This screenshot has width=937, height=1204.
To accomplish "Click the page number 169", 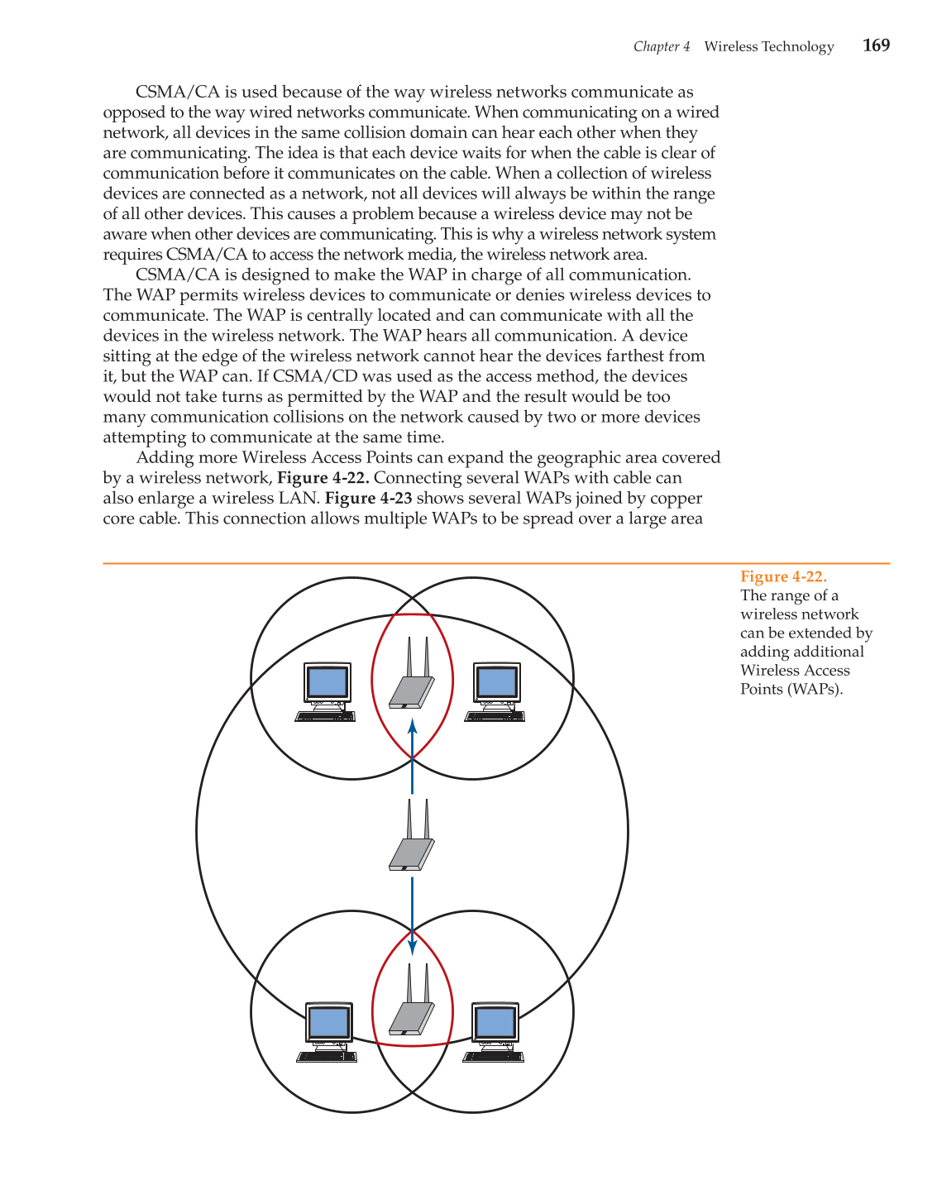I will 876,45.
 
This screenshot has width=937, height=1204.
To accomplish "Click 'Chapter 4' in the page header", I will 661,46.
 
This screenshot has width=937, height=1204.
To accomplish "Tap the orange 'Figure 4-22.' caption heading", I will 783,576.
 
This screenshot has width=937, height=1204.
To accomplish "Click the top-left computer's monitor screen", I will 327,682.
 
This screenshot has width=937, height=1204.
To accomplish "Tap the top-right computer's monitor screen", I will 497,682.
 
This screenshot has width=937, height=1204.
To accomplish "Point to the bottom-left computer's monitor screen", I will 328,1023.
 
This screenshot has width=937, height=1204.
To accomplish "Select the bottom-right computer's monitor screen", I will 495,1023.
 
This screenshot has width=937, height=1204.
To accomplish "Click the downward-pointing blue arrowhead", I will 412,947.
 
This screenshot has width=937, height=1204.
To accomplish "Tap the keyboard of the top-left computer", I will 325,716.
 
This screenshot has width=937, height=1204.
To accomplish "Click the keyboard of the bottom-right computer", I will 493,1057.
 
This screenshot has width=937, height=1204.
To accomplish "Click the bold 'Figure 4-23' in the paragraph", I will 368,498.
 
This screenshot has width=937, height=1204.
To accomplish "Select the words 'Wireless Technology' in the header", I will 769,46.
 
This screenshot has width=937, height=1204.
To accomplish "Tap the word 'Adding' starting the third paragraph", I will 162,457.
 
